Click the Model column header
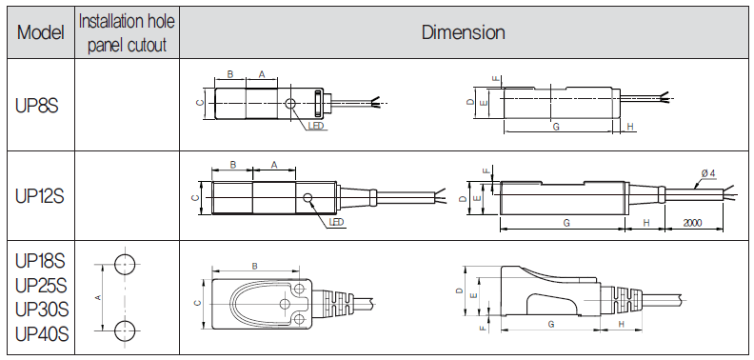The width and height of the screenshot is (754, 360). point(41,32)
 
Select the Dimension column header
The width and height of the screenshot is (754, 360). point(463,32)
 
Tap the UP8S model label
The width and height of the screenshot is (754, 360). point(36,106)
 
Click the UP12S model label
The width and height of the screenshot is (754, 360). point(40,197)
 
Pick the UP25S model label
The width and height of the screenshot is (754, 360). point(41,286)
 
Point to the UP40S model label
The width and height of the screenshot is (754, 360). point(42,333)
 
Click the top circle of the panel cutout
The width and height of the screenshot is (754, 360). point(125,264)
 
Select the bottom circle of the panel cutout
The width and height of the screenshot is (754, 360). point(125,330)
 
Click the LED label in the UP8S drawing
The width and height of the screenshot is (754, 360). point(316,126)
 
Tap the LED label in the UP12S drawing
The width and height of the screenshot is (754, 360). point(336,222)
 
